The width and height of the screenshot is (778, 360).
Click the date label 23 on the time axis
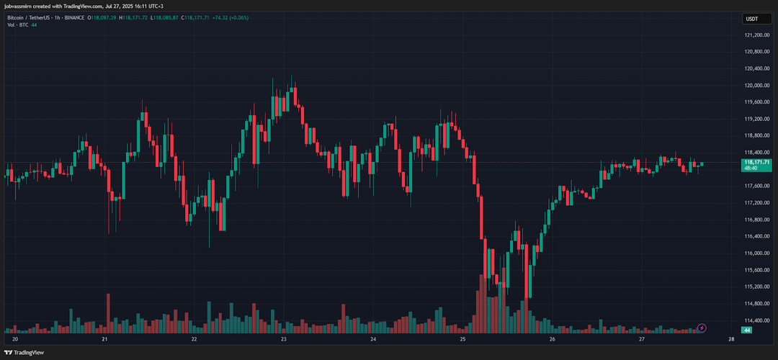(x=284, y=338)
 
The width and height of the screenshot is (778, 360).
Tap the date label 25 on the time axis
(x=462, y=338)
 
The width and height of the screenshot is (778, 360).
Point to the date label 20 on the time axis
(x=15, y=338)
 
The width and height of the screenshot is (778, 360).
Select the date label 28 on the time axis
(x=731, y=338)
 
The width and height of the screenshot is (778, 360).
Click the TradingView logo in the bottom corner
(x=24, y=353)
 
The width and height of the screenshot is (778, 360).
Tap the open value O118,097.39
(x=102, y=17)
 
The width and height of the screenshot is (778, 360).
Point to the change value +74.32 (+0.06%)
(x=231, y=17)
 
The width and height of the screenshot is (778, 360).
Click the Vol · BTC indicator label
(x=17, y=24)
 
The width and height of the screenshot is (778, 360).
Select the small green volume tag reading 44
(x=748, y=330)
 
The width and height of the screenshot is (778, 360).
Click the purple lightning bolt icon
(x=701, y=328)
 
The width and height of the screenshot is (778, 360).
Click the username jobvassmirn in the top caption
(x=21, y=6)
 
